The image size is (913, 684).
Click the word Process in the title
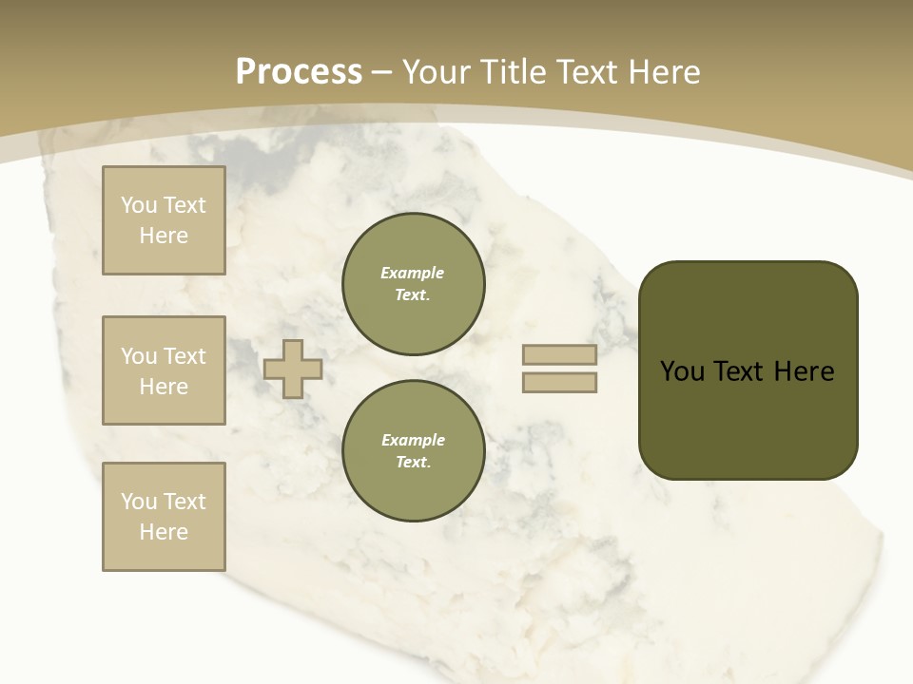[x=299, y=72]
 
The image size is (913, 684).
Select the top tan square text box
[x=164, y=220]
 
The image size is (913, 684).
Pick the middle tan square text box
[x=164, y=370]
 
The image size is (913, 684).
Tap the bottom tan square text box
[x=164, y=516]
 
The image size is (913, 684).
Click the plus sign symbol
[x=293, y=369]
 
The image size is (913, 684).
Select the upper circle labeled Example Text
[x=413, y=283]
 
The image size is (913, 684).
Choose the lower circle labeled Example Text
[x=413, y=450]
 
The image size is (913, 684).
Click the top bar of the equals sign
[x=559, y=355]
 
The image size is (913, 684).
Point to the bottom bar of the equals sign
[x=559, y=383]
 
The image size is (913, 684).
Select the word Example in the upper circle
[x=413, y=273]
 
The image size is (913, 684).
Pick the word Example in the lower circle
[x=413, y=440]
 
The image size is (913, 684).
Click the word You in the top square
[x=139, y=205]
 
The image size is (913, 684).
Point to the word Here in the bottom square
[x=164, y=532]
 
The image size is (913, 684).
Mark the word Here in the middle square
[x=164, y=387]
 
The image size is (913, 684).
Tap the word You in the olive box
[x=682, y=371]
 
